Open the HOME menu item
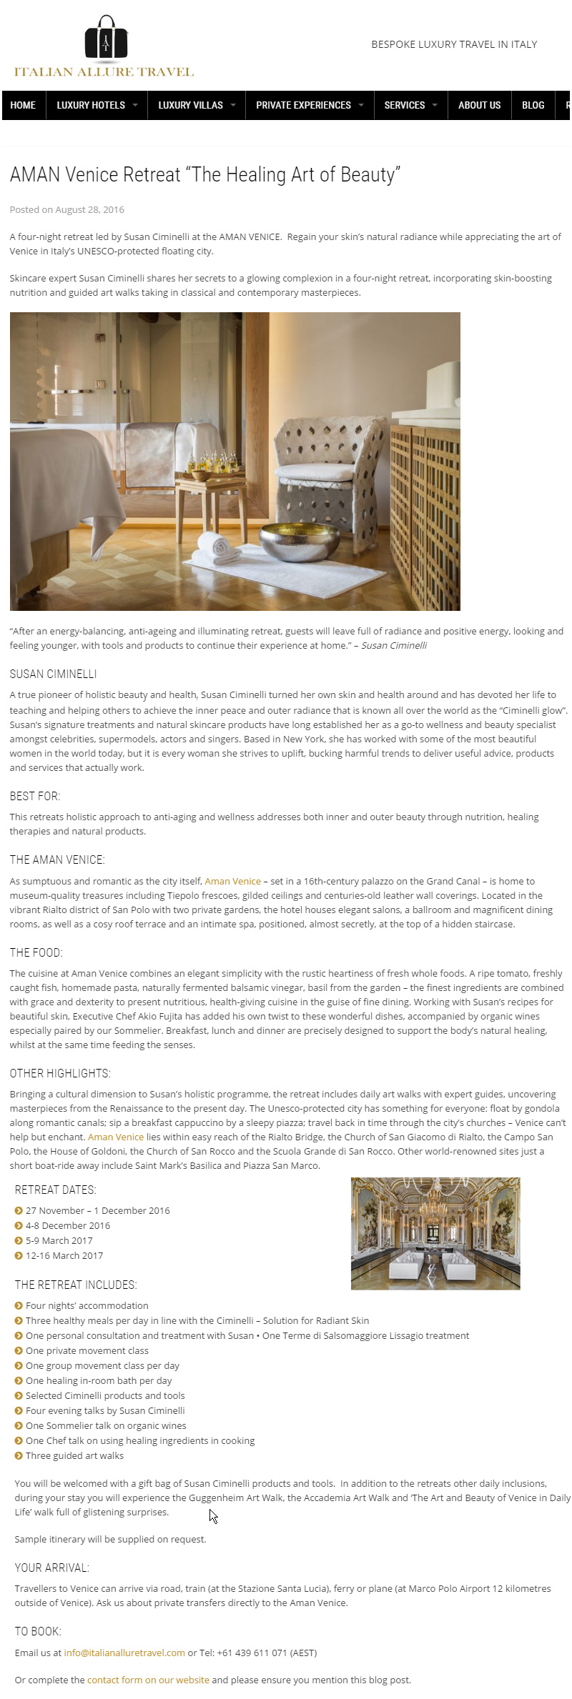23,105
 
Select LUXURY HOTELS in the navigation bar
91,105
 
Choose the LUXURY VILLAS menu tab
190,105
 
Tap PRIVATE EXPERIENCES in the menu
303,105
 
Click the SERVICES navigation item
405,105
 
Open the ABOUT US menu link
479,105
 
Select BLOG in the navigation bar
533,105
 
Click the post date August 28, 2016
89,209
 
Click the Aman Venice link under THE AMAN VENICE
232,881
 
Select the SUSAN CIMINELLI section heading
53,674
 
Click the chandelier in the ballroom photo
431,1207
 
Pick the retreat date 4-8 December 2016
68,1225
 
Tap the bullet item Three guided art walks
74,1455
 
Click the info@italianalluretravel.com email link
124,1653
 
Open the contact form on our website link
148,1680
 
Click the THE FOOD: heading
36,952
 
